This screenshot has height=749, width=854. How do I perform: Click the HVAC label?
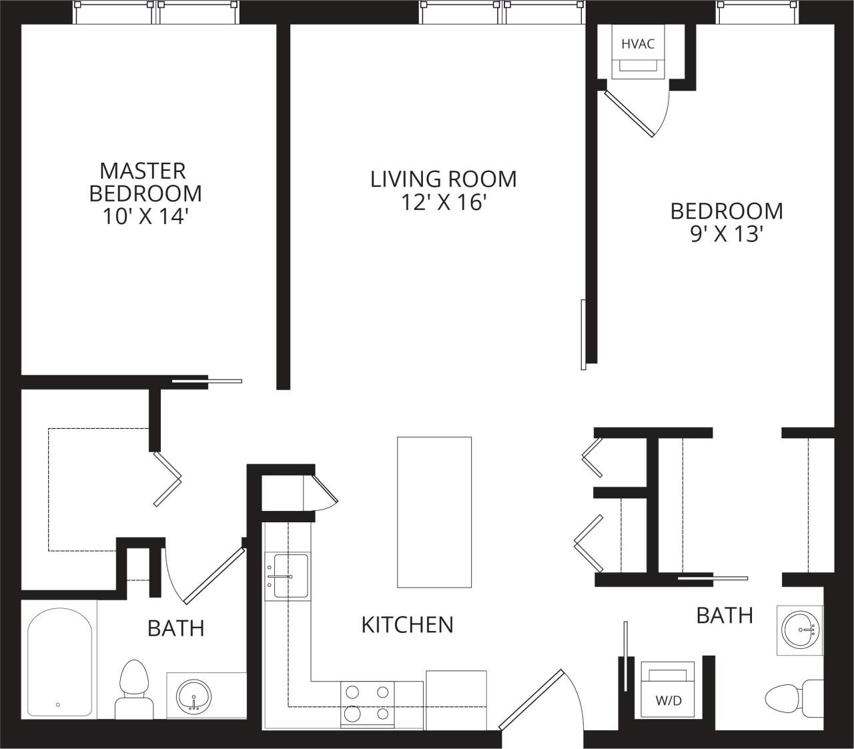[x=638, y=45]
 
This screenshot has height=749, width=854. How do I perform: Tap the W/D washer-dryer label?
[x=669, y=701]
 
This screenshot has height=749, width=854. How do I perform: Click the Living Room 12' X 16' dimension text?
[x=443, y=202]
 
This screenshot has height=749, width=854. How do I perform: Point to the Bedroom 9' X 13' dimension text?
[x=727, y=234]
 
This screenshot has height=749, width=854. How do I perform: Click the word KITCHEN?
[x=407, y=624]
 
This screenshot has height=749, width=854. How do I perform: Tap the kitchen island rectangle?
[x=434, y=512]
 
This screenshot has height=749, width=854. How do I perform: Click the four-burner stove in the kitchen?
[x=367, y=704]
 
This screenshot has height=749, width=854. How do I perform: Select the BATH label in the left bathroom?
[x=175, y=628]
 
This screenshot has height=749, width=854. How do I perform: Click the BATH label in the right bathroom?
[x=725, y=615]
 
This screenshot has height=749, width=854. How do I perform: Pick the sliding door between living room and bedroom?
[x=584, y=334]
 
